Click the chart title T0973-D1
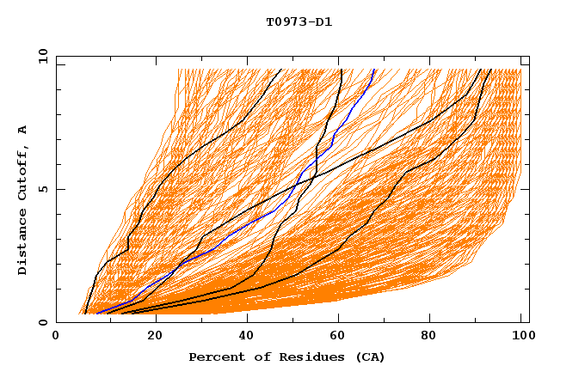click(299, 22)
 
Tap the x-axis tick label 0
click(56, 336)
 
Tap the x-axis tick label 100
click(521, 336)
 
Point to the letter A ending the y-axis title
click(22, 129)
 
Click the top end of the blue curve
click(374, 70)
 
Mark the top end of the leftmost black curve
click(281, 70)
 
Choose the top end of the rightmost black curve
click(491, 70)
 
